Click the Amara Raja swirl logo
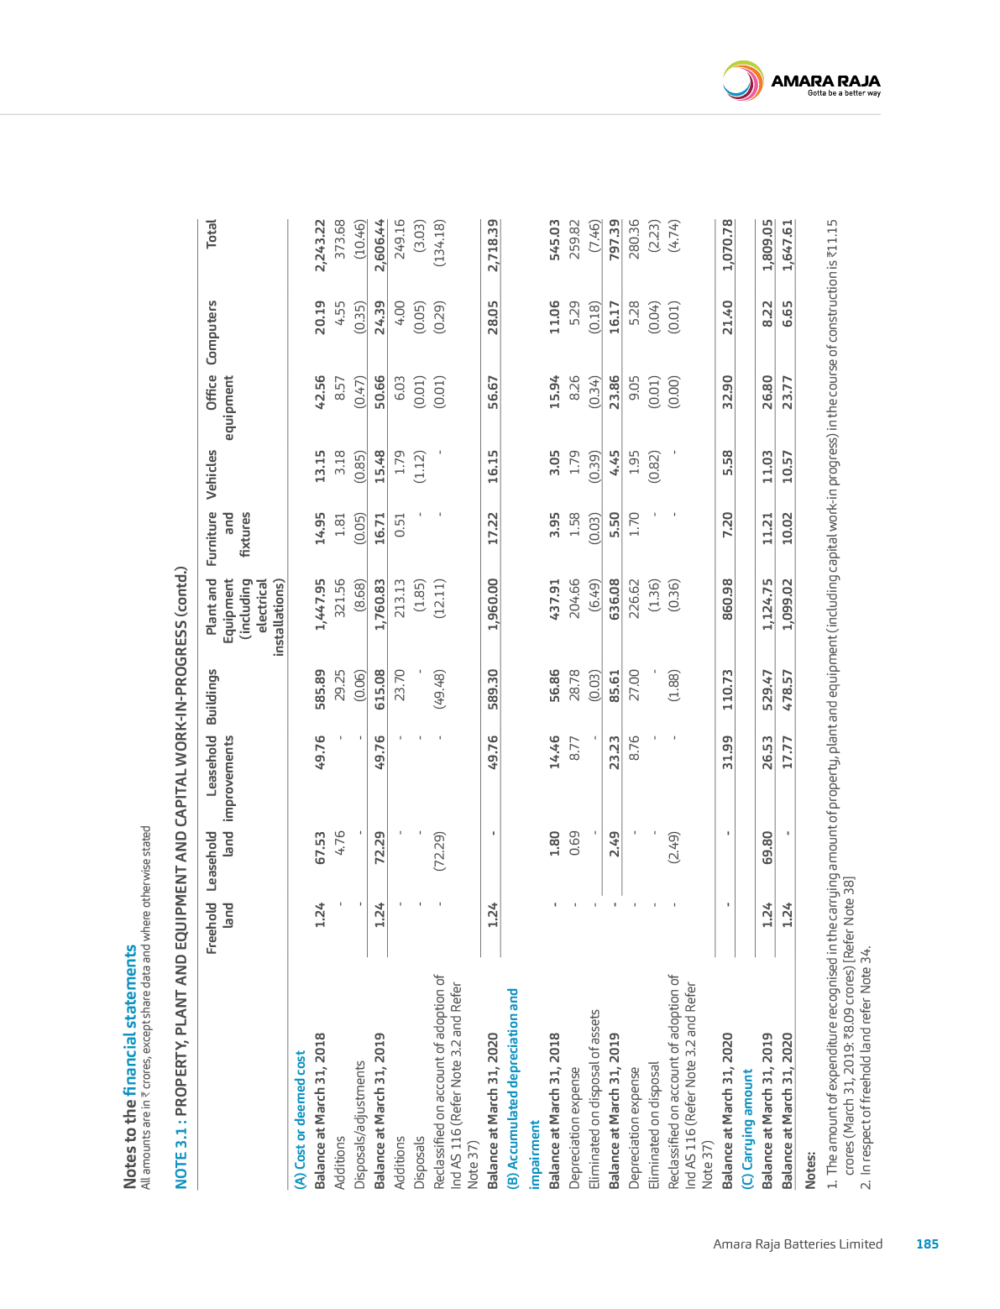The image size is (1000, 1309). click(743, 81)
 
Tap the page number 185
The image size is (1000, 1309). click(927, 1244)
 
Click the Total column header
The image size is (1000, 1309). click(211, 233)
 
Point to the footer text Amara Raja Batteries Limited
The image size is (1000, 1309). click(798, 1244)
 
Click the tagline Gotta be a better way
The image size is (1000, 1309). click(844, 93)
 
